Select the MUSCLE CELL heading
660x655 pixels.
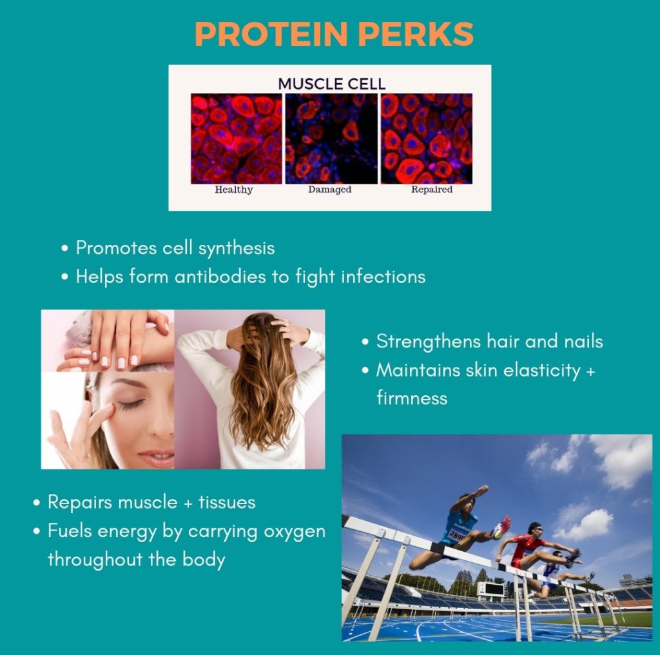[332, 84]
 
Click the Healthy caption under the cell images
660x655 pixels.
[233, 190]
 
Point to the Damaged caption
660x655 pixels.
[329, 190]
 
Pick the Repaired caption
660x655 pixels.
[431, 190]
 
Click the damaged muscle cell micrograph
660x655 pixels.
[331, 139]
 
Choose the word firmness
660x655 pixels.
[412, 398]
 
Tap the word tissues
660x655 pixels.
[227, 502]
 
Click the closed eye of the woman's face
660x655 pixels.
[131, 405]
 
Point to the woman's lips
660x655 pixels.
[157, 457]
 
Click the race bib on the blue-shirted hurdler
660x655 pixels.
[456, 536]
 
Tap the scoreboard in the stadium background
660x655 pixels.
[490, 589]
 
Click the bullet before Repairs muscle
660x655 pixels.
[37, 503]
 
